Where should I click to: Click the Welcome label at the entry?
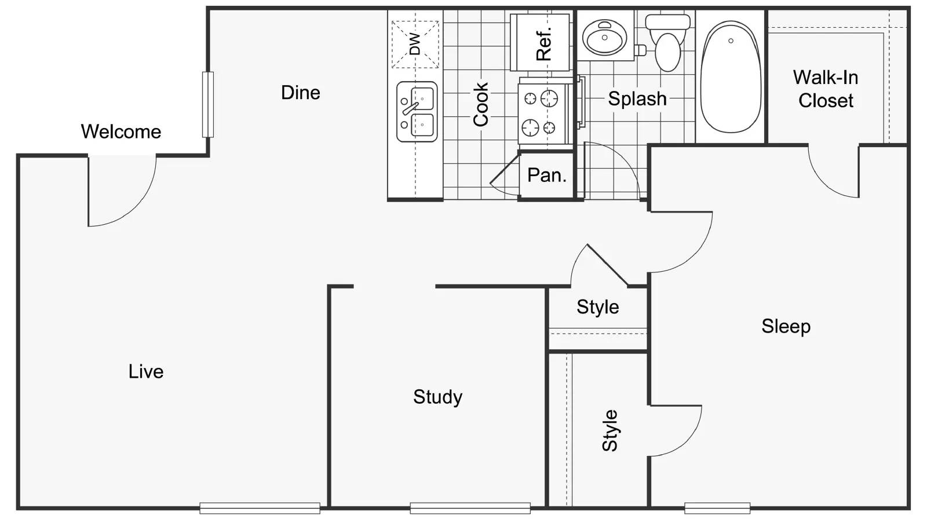coord(121,132)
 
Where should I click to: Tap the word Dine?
coord(300,93)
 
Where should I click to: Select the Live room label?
coord(145,371)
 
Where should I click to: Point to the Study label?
coord(437,397)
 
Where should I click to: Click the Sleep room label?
coord(785,326)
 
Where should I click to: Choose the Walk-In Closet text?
coord(825,89)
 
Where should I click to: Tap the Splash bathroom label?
coord(637,98)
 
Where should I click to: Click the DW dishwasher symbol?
coord(415,44)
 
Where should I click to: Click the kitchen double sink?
coord(417,112)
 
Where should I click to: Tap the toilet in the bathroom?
coord(667,43)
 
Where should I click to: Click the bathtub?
coord(730,76)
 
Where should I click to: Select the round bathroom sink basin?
coord(604,38)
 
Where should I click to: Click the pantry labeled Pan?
coord(546,175)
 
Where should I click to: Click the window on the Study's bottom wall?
coord(470,508)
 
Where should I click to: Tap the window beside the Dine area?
coord(207,104)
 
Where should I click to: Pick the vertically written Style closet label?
coord(610,430)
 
